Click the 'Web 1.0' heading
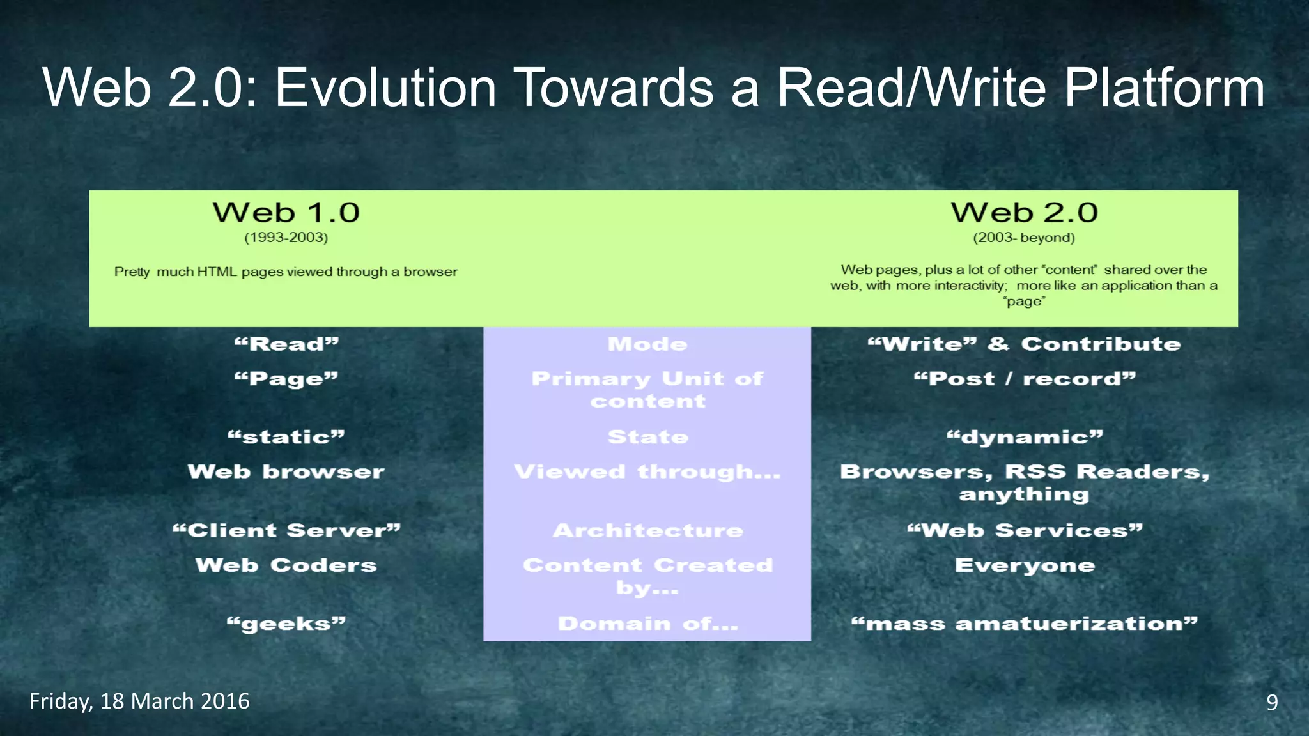[x=286, y=213]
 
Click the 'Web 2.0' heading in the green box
[x=1024, y=213]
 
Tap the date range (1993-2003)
[x=286, y=238]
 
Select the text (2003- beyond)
[x=1024, y=238]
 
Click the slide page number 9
[x=1272, y=702]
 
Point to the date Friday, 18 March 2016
[x=139, y=701]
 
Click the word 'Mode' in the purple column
[x=647, y=344]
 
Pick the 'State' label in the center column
[x=647, y=437]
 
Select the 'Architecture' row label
[x=647, y=530]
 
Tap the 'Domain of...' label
[x=647, y=624]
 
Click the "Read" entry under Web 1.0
[x=286, y=344]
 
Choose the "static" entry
[x=286, y=437]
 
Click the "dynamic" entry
[x=1025, y=437]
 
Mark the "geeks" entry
[x=286, y=624]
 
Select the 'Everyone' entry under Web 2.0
[x=1025, y=565]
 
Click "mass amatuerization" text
[x=1025, y=624]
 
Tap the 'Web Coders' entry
[x=286, y=565]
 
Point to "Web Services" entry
[x=1025, y=530]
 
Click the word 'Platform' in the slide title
[x=1163, y=88]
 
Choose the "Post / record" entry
[x=1025, y=379]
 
